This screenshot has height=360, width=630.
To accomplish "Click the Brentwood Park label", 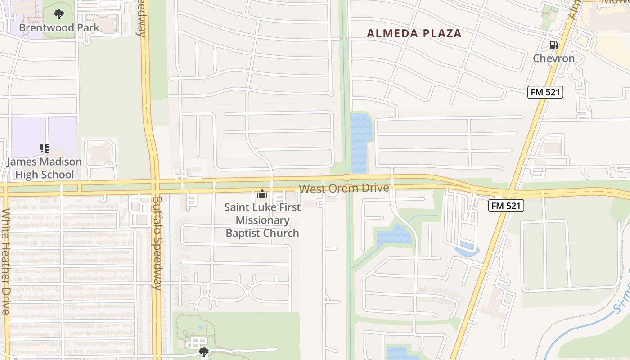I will [59, 27].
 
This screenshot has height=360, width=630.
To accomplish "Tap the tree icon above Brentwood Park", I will [59, 15].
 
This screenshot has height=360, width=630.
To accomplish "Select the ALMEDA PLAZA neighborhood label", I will [414, 33].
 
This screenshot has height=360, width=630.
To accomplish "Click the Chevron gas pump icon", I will [553, 45].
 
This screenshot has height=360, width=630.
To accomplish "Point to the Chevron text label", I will [554, 58].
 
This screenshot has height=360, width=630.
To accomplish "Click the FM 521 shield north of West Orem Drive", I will [545, 92].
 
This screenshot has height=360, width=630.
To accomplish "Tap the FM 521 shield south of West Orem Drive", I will [506, 206].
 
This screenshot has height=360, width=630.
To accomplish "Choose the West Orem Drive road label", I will [344, 189].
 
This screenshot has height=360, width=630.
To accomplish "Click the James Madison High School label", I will [44, 168].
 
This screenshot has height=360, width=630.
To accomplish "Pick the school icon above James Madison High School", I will [44, 148].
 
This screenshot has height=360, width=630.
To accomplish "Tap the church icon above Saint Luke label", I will [262, 194].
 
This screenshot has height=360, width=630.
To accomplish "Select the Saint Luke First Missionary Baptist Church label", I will [262, 220].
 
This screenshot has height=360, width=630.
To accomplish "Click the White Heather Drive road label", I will [5, 261].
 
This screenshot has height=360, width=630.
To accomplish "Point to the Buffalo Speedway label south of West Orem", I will [157, 243].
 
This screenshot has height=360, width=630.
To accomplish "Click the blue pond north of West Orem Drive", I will [361, 142].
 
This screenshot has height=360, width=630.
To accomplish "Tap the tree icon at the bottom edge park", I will [204, 351].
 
